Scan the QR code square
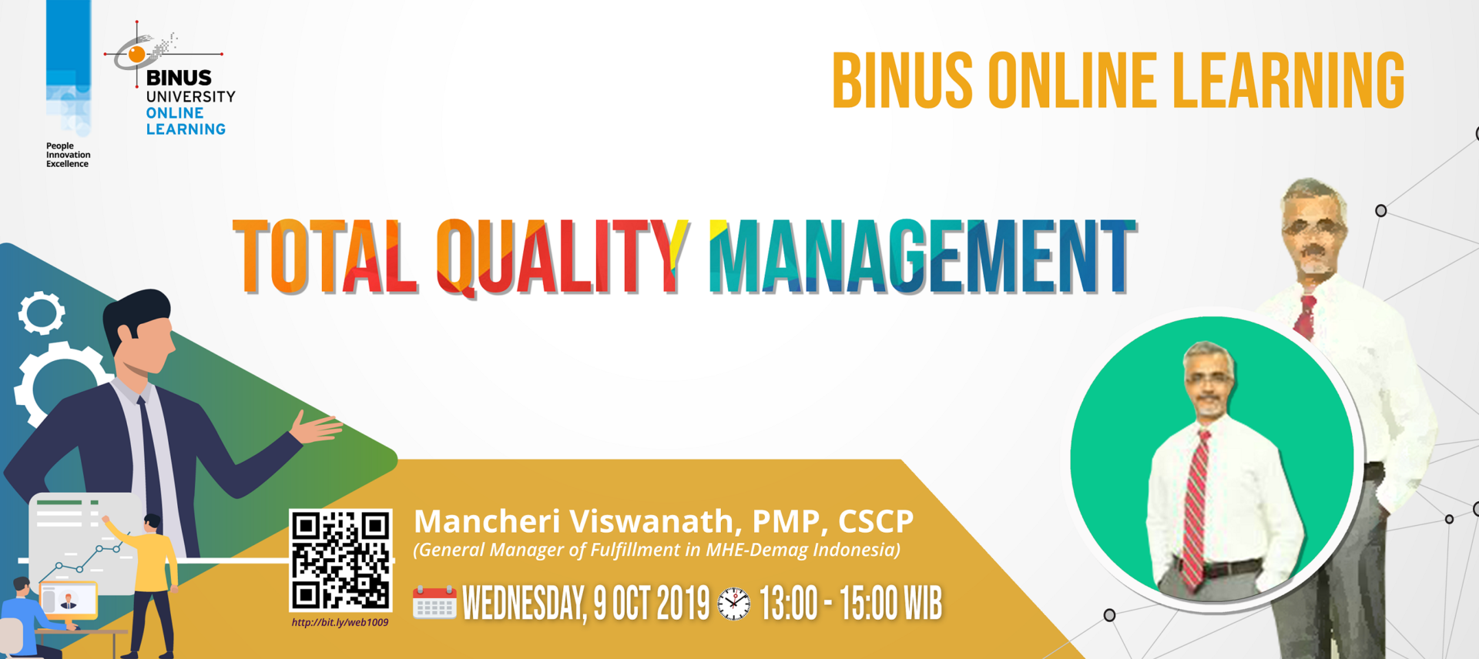coord(340,560)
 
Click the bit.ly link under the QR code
coord(340,623)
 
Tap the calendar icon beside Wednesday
coord(434,603)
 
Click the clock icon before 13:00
coord(733,604)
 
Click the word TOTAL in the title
coord(324,256)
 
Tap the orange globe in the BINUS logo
coord(137,54)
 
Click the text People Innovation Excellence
coord(68,155)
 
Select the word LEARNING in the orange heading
coord(1288,81)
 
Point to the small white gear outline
coord(42,313)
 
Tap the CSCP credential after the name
coord(876,521)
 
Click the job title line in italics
coord(656,550)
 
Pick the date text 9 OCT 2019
coord(652,604)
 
